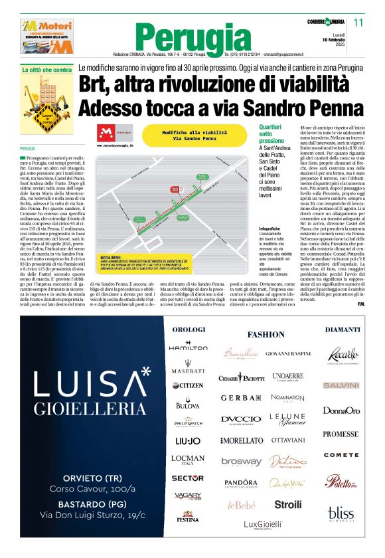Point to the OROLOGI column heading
pos(189,330)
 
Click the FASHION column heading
pos(266,334)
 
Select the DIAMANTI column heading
pos(343,330)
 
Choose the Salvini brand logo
pos(341,385)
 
